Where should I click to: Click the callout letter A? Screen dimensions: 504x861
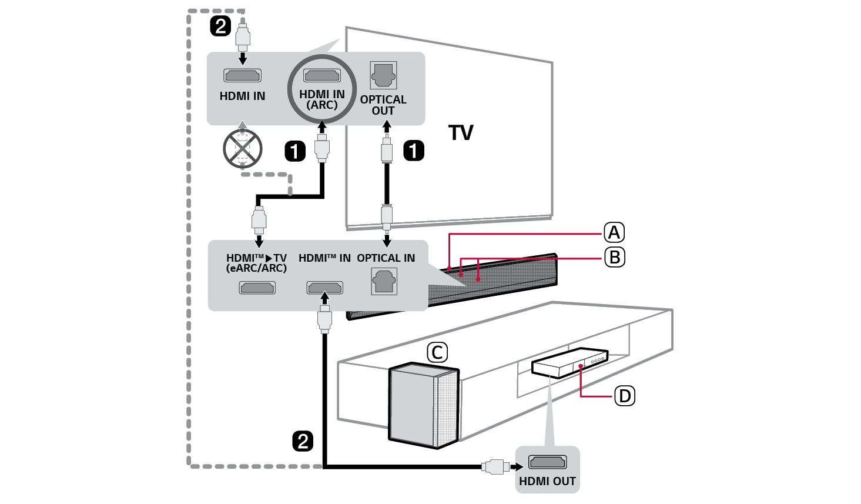click(614, 233)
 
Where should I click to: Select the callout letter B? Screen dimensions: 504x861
click(614, 257)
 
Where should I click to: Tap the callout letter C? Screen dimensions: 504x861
click(436, 352)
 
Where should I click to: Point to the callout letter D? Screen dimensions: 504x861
click(624, 396)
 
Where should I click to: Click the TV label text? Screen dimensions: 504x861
click(461, 133)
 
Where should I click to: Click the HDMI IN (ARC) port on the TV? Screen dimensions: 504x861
click(321, 75)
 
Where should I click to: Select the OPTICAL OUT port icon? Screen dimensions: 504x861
click(383, 76)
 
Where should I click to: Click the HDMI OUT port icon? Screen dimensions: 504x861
click(547, 462)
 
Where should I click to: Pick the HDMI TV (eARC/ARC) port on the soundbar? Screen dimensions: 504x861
click(257, 288)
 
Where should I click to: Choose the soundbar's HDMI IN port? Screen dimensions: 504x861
click(325, 288)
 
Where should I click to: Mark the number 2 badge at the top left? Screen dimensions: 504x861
click(220, 26)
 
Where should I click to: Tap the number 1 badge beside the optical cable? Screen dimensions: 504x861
click(413, 151)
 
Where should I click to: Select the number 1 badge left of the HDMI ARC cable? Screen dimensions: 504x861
click(294, 151)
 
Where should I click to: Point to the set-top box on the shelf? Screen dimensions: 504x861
click(569, 363)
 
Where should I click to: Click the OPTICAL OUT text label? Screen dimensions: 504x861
click(383, 105)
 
